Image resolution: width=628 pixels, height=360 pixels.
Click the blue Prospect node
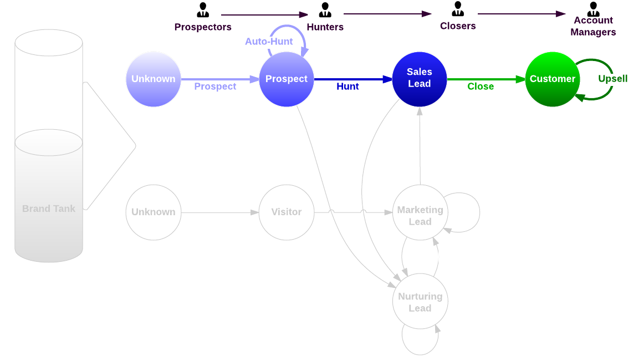click(x=287, y=79)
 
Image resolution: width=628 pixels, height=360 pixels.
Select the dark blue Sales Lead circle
click(x=420, y=78)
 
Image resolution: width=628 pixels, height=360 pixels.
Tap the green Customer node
click(x=552, y=79)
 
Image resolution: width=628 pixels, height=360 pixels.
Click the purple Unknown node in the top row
click(x=154, y=79)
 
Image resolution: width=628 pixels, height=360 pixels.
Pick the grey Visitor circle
click(x=287, y=212)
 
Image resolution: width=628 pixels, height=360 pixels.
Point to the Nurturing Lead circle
click(x=420, y=302)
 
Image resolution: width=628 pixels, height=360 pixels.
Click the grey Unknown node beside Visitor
click(x=154, y=212)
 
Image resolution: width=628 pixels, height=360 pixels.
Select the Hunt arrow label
click(x=348, y=87)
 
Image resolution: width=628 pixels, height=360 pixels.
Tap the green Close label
click(x=480, y=87)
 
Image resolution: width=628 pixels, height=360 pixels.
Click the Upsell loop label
click(x=612, y=79)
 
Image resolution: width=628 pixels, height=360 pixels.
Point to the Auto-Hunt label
click(x=269, y=42)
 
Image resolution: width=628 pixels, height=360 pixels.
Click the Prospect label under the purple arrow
click(x=215, y=87)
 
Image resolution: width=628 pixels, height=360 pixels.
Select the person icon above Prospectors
click(x=203, y=10)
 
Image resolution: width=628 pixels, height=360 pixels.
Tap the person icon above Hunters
click(x=325, y=10)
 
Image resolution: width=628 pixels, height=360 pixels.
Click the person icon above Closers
click(x=458, y=9)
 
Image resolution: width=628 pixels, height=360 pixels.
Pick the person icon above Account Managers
click(x=593, y=9)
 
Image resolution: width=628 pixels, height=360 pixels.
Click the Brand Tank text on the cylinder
click(x=49, y=209)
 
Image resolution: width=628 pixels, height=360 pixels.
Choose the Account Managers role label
click(x=593, y=27)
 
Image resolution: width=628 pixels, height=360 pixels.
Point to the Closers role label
click(x=458, y=26)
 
